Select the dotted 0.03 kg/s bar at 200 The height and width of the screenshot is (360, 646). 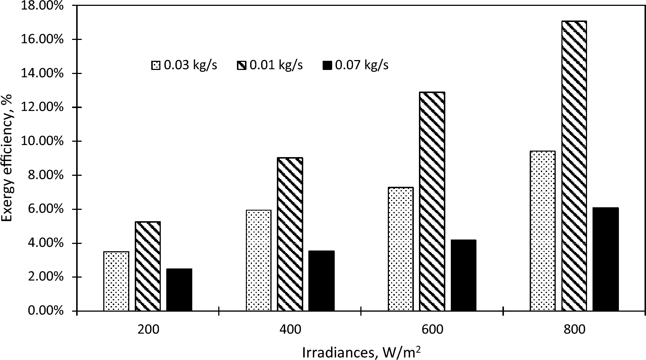tap(116, 281)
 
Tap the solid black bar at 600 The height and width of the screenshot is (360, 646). tap(463, 275)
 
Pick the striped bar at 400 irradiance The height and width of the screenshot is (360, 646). tap(290, 234)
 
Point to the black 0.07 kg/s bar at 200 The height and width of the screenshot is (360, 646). tap(179, 290)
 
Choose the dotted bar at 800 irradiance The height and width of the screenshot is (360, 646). tap(543, 231)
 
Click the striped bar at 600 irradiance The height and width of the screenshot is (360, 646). tap(432, 201)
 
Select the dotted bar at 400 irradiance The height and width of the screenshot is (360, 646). tap(259, 260)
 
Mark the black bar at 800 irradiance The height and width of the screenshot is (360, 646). tap(605, 259)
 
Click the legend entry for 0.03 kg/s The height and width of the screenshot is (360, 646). tap(185, 66)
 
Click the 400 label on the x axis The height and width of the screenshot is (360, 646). tap(290, 329)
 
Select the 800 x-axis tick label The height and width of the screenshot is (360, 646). tap(575, 329)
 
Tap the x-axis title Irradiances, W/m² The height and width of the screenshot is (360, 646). tap(361, 352)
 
